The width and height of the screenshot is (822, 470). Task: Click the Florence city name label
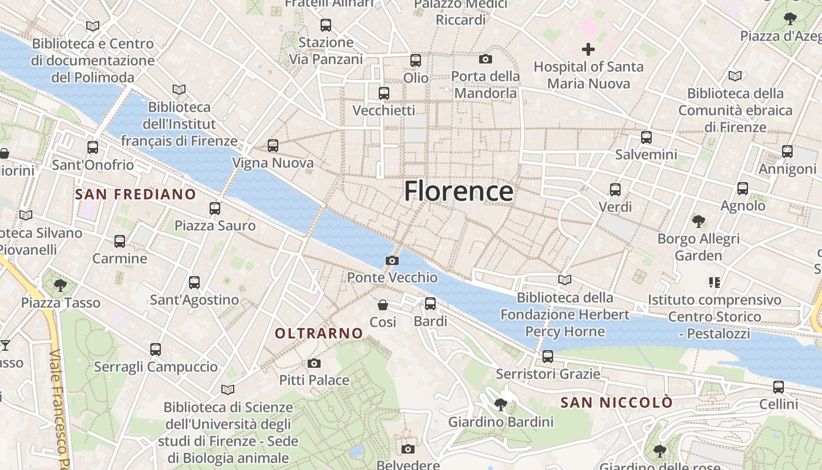pos(459,192)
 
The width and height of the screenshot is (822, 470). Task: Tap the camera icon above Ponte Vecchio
pos(392,260)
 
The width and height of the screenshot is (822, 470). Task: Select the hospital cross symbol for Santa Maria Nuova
pos(588,49)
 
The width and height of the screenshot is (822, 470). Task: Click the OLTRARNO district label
pos(319,333)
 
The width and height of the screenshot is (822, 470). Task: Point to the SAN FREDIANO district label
pos(136,194)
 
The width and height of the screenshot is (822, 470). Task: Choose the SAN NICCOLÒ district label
pos(616,402)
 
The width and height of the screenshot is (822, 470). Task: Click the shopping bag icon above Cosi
pos(383,305)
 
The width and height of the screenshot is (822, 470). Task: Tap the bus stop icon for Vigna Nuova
pos(273,146)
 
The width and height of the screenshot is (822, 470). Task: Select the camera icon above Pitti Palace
pos(314,363)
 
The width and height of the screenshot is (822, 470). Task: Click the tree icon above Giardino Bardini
pos(501,405)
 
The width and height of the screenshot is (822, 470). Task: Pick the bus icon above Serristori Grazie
pos(548,357)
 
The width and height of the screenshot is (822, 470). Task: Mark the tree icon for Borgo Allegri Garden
pos(698,221)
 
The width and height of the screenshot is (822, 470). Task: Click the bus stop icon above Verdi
pos(615,190)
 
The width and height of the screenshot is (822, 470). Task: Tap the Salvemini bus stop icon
pos(646,137)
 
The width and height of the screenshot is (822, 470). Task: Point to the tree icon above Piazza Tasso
pos(60,286)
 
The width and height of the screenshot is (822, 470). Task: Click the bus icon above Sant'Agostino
pos(194,283)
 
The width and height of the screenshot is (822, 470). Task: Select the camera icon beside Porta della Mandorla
pos(486,59)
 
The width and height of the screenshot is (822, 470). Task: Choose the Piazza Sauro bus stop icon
pos(215,208)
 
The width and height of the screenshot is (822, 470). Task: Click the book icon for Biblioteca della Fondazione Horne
pos(565,280)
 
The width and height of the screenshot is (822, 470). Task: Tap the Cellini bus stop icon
pos(779,387)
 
